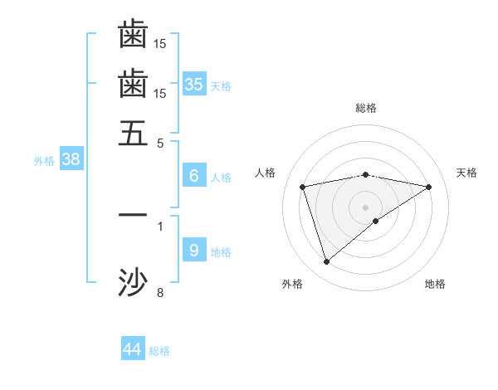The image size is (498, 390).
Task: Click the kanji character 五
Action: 133,132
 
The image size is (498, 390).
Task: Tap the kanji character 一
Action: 133,215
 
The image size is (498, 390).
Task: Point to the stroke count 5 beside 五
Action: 160,142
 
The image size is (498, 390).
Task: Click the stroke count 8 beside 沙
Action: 160,292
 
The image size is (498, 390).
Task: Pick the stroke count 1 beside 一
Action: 160,225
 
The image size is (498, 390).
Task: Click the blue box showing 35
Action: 194,84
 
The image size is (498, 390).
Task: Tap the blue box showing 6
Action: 194,175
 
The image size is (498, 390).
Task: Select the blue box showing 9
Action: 194,250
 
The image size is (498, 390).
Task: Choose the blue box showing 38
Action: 71,159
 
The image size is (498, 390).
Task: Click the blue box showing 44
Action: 133,349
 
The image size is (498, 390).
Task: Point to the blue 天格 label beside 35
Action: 221,86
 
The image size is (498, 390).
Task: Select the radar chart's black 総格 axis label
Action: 366,108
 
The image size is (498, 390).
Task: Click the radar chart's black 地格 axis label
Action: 435,285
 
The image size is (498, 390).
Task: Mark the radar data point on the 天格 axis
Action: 429,187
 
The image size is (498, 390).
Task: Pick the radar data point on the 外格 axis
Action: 326,261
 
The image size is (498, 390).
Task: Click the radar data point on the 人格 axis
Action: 303,187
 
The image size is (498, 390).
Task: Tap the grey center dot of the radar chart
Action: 366,207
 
